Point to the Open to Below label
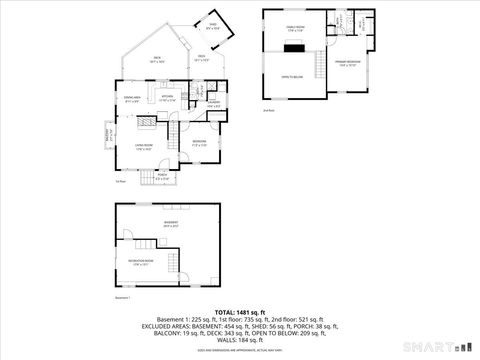(292, 75)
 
